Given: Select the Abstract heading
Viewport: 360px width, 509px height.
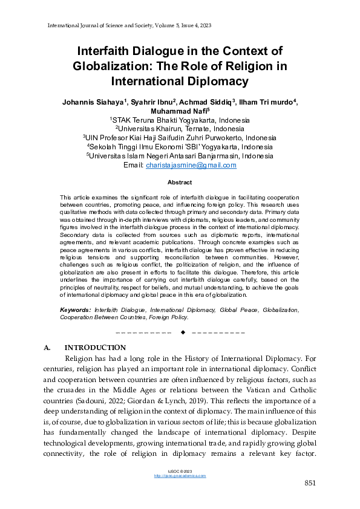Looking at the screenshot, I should pos(180,183).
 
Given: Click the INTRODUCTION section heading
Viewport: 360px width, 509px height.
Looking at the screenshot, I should pos(95,348).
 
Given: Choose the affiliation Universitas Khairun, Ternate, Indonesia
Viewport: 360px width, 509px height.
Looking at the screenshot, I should pos(180,129).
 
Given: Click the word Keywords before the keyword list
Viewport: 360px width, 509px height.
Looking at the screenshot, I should pos(76,310).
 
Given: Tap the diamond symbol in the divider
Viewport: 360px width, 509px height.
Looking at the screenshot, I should pos(182,332).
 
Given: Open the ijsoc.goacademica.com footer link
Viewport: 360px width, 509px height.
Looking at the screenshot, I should pos(180,476).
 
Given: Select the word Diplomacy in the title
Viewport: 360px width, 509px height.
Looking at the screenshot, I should pos(217,80).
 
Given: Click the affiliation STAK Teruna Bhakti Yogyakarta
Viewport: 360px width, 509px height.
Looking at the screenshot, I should pos(180,120).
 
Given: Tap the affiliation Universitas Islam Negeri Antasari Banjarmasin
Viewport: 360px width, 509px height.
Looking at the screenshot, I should pos(180,156).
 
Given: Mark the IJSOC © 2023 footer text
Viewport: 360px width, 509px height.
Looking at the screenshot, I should pos(180,471).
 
